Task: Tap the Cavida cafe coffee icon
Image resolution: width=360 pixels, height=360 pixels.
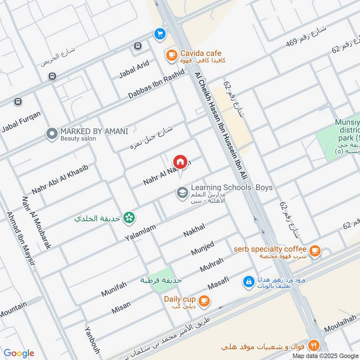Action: (x=171, y=55)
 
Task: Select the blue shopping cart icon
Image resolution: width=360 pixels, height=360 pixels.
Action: (x=159, y=33)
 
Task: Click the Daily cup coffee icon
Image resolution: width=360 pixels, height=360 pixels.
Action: (x=204, y=300)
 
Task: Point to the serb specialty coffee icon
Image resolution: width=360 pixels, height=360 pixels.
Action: (x=315, y=251)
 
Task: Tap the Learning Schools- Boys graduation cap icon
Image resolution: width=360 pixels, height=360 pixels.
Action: (x=182, y=193)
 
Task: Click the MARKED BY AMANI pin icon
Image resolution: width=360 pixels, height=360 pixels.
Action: (x=52, y=134)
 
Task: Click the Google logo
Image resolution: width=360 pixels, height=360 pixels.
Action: (x=18, y=353)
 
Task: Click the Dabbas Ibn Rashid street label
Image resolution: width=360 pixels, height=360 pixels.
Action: (x=156, y=85)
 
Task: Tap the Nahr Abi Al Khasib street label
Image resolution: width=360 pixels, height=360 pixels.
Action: (x=59, y=179)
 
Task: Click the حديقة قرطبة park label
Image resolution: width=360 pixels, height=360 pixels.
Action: (x=161, y=280)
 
